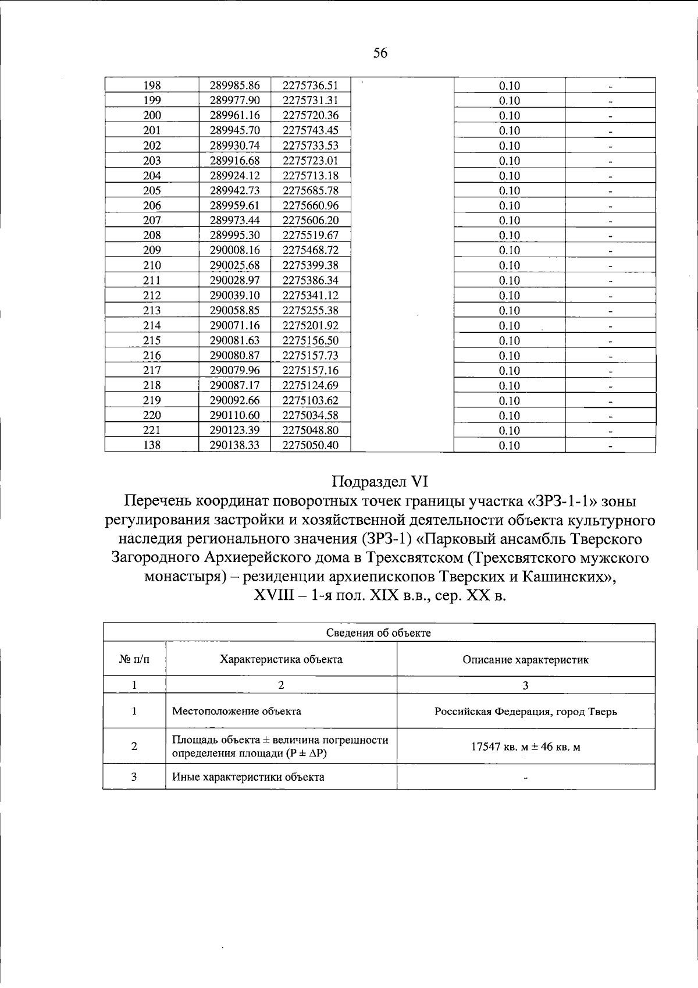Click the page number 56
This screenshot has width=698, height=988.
click(x=380, y=54)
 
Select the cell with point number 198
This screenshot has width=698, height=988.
click(x=152, y=86)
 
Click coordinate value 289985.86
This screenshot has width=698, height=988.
click(x=234, y=86)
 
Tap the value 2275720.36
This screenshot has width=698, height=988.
click(x=311, y=115)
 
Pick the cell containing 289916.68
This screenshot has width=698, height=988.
click(x=234, y=161)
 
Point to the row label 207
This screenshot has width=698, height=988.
click(x=152, y=221)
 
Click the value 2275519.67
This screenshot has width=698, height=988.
click(x=311, y=236)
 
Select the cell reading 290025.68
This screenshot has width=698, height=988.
click(x=234, y=265)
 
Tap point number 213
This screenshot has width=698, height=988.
click(x=152, y=311)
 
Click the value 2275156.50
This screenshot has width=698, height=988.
click(x=311, y=340)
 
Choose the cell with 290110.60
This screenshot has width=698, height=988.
click(x=234, y=415)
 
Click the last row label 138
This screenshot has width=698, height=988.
click(x=152, y=446)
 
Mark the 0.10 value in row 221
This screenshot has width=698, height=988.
click(x=509, y=431)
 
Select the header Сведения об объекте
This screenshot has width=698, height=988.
click(x=379, y=633)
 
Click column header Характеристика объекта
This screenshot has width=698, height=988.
click(x=281, y=659)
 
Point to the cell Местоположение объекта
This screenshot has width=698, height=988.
click(x=237, y=711)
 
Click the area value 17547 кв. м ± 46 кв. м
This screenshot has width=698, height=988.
click(x=525, y=747)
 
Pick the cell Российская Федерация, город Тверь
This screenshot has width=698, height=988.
click(x=525, y=712)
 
